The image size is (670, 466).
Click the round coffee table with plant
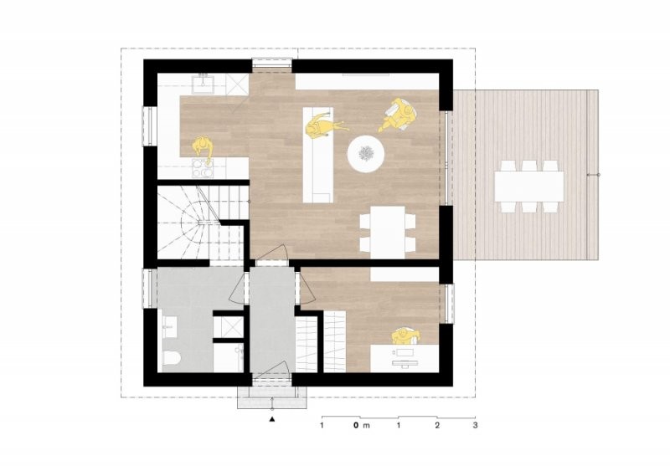click(366, 154)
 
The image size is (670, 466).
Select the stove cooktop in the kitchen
click(202, 168)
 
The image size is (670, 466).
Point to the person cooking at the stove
click(203, 149)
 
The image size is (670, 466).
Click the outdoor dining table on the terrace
click(529, 187)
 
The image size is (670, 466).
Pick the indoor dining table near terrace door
click(388, 233)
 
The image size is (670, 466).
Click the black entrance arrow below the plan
click(271, 419)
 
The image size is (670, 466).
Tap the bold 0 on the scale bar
click(355, 425)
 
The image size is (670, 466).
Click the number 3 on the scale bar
click(475, 425)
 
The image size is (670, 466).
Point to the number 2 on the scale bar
click(437, 425)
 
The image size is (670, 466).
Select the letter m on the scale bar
click(366, 426)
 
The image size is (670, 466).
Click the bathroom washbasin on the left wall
click(168, 327)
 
